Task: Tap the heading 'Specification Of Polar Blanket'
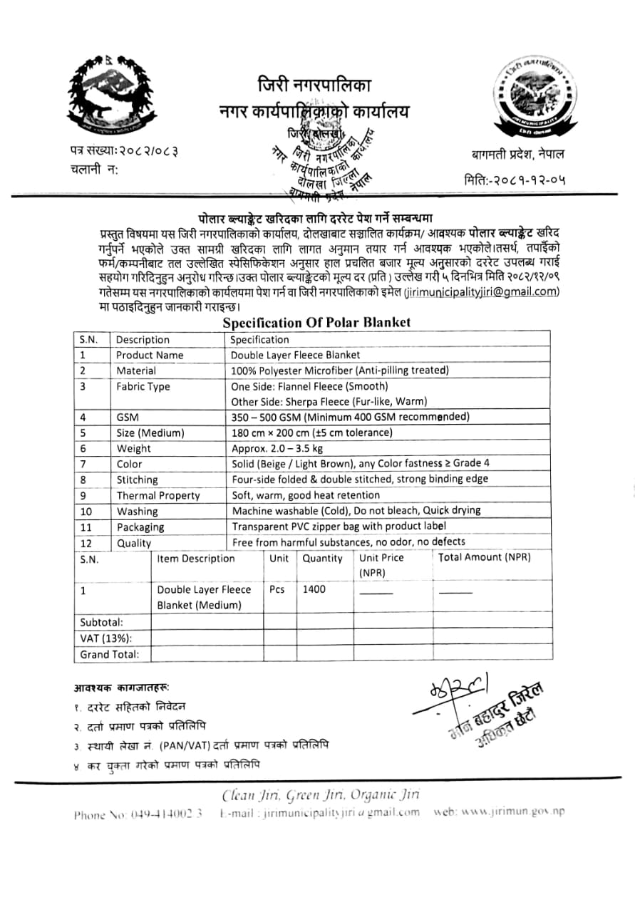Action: click(316, 323)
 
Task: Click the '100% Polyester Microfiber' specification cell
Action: click(339, 370)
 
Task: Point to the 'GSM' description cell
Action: click(128, 418)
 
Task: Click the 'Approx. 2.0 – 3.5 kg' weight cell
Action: click(277, 449)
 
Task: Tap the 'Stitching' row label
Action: click(137, 480)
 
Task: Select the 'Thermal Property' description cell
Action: click(158, 496)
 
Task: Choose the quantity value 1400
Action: click(314, 590)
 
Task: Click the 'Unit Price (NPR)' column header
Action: click(381, 565)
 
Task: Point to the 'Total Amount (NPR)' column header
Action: click(485, 558)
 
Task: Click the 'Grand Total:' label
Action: click(109, 654)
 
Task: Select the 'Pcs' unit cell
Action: click(277, 590)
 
